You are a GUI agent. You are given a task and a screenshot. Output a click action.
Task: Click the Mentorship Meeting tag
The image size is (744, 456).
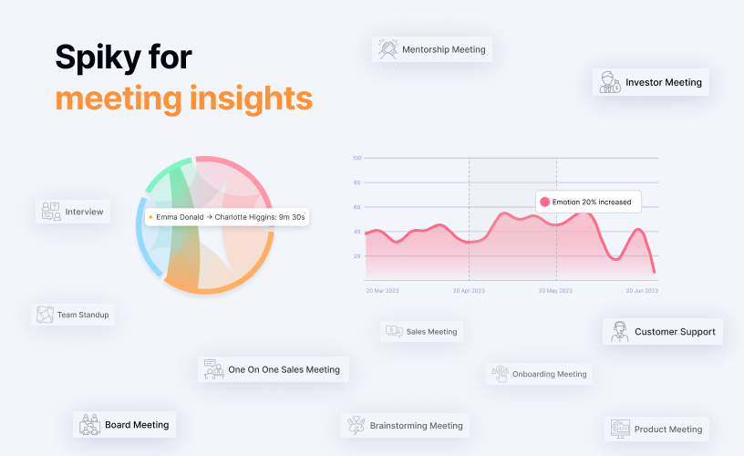pos(432,49)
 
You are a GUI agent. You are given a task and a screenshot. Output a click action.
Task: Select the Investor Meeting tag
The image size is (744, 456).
pos(651,82)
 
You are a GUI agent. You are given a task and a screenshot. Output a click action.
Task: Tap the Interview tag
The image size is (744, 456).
pos(73,212)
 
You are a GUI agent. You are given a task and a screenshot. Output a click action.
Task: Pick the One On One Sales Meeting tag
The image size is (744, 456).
pos(274,369)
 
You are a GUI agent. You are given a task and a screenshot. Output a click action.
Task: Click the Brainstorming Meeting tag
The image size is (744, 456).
pos(406,425)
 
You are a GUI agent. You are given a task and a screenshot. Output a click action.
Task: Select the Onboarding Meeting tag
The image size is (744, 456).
pos(539,373)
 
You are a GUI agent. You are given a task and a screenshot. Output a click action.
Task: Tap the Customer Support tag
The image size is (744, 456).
pos(663,331)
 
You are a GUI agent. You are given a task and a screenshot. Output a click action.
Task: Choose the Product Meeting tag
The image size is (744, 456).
pos(656,429)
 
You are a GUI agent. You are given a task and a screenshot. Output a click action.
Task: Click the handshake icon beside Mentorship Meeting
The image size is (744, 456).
pos(387,49)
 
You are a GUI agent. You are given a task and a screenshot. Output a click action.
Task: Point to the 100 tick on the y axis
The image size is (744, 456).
pos(356,158)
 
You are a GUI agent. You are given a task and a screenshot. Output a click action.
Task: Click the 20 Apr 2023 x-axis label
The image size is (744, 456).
pos(469,291)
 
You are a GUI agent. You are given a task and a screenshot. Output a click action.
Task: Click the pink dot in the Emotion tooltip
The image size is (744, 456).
pos(544,202)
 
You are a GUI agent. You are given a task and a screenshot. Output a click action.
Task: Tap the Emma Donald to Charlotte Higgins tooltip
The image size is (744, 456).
pos(226,217)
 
